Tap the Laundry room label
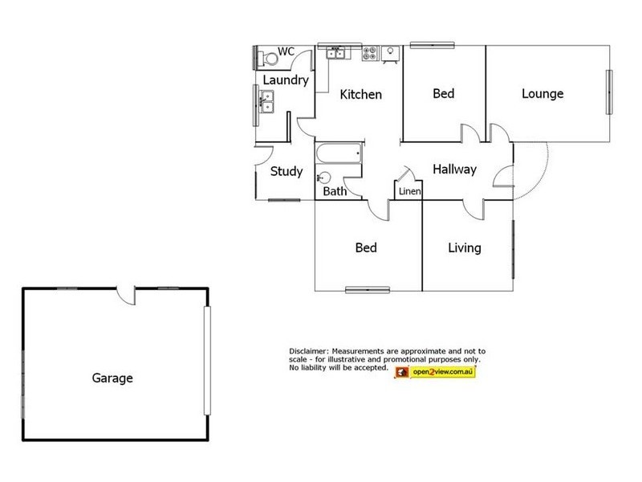point(286,80)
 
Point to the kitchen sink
point(335,54)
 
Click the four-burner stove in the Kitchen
point(370,54)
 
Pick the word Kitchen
point(360,95)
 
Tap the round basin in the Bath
point(324,178)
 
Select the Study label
point(286,171)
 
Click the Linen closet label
point(408,192)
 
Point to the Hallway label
point(454,170)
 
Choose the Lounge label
point(542,94)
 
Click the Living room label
point(464,247)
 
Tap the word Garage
point(112,378)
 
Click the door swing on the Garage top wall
point(126,295)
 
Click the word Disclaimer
point(309,352)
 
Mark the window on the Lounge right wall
point(608,93)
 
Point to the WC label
point(286,52)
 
